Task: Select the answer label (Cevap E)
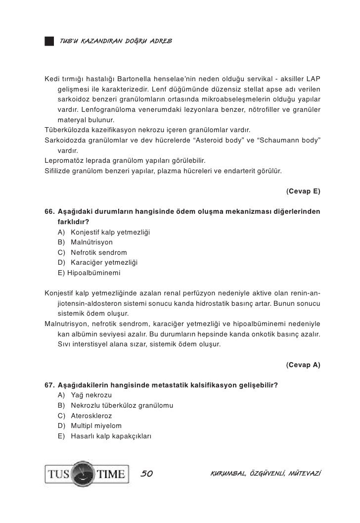pos(303,191)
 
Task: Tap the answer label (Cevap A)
pos(303,365)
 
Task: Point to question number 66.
pos(49,212)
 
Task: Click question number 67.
pos(49,385)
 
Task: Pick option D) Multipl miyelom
pos(90,426)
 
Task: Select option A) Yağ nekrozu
pos(85,395)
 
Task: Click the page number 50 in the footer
pos(147,474)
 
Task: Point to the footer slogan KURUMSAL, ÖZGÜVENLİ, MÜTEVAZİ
pos(265,474)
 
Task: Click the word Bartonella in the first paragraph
pos(138,79)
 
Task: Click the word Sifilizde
pos(59,171)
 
